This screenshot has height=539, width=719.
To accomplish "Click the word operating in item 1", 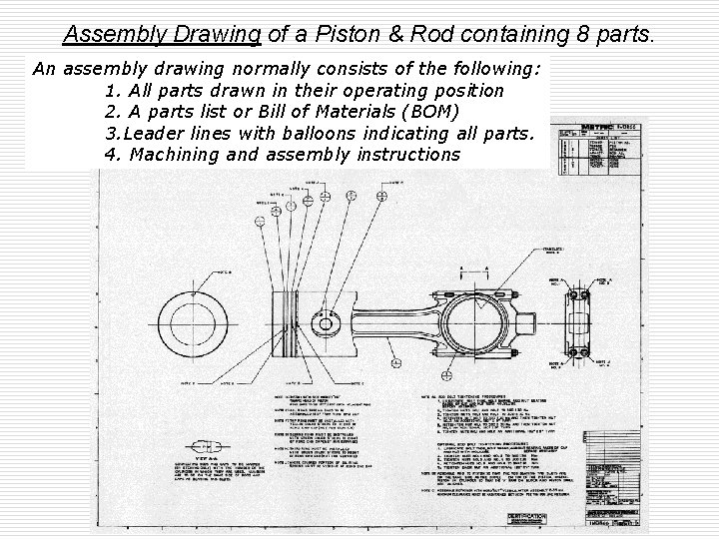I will coord(399,91).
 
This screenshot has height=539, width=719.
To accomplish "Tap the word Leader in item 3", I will coord(158,133).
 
